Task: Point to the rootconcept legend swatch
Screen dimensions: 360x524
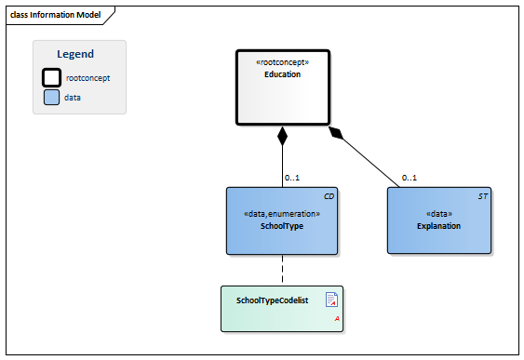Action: coord(53,78)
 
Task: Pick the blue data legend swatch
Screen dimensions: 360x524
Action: coord(53,97)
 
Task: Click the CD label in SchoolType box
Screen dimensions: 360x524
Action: coord(329,197)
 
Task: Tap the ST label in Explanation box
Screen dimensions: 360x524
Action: coord(482,197)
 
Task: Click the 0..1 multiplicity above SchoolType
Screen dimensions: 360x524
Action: coord(292,177)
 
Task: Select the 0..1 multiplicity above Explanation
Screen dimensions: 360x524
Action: coord(410,177)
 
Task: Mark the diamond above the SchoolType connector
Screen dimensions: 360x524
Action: coord(282,137)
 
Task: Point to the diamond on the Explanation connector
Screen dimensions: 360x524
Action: coord(337,134)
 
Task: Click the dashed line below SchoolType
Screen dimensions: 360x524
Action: coord(282,270)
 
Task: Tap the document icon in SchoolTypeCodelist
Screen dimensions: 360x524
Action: coord(330,299)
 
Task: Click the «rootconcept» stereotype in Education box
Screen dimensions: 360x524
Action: coord(282,63)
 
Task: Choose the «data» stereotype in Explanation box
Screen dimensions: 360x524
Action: coord(438,214)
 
